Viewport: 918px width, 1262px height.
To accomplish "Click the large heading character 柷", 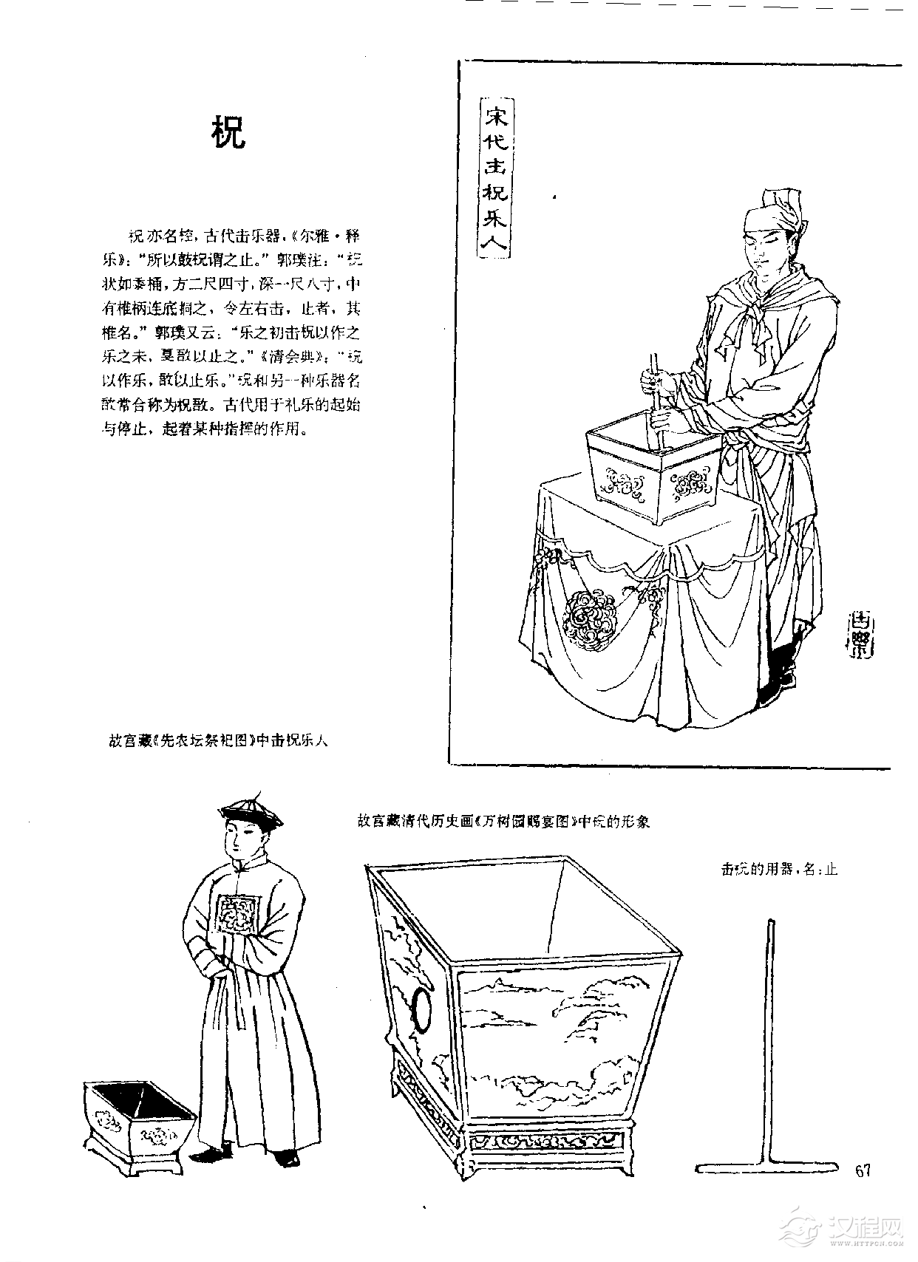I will [229, 133].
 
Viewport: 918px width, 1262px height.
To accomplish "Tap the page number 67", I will [863, 1170].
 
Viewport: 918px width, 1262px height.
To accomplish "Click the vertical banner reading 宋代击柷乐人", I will [494, 179].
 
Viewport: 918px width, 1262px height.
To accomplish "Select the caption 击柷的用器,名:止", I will [779, 870].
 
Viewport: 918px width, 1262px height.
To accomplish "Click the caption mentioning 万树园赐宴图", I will [503, 822].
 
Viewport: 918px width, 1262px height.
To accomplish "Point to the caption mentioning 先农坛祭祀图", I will [218, 740].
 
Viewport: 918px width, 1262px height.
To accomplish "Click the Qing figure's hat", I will [252, 813].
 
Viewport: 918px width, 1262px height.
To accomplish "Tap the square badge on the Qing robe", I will [238, 913].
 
